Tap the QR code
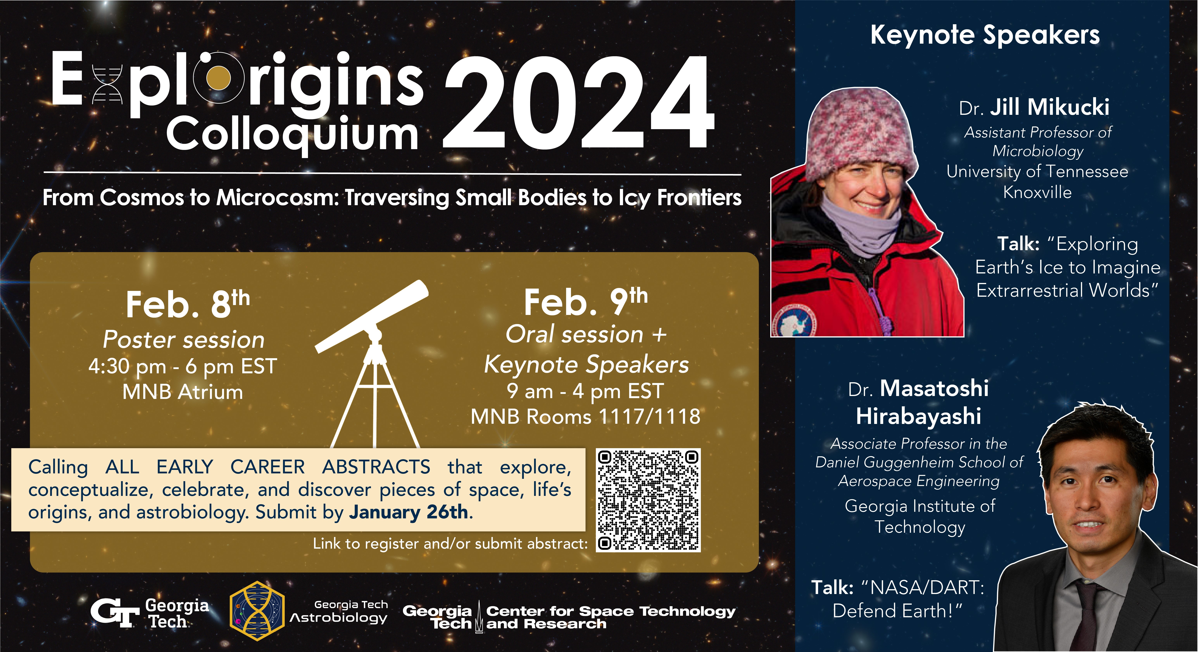(x=648, y=500)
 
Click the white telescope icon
(x=372, y=363)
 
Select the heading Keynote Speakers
(x=985, y=35)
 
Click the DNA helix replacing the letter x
(x=107, y=84)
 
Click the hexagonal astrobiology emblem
(x=257, y=610)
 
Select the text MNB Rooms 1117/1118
(x=586, y=417)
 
